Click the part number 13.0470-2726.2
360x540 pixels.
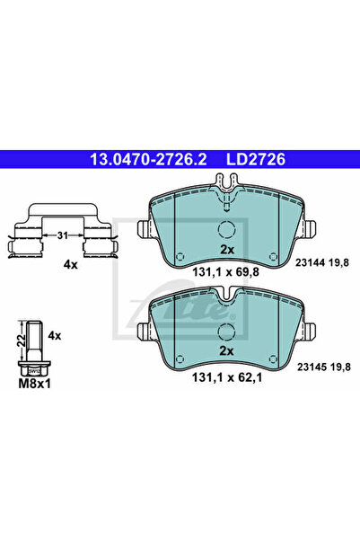[x=148, y=159]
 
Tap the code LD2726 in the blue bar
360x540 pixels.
[x=255, y=159]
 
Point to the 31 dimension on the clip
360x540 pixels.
[x=62, y=235]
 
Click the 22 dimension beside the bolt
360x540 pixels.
[x=22, y=341]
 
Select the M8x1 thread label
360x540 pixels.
[x=34, y=384]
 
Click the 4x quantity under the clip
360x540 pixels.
[x=71, y=264]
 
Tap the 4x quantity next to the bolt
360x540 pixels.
[x=55, y=335]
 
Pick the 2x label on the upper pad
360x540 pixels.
[x=227, y=250]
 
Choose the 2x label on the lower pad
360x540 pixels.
[x=226, y=351]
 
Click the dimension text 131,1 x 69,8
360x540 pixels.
[x=225, y=272]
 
